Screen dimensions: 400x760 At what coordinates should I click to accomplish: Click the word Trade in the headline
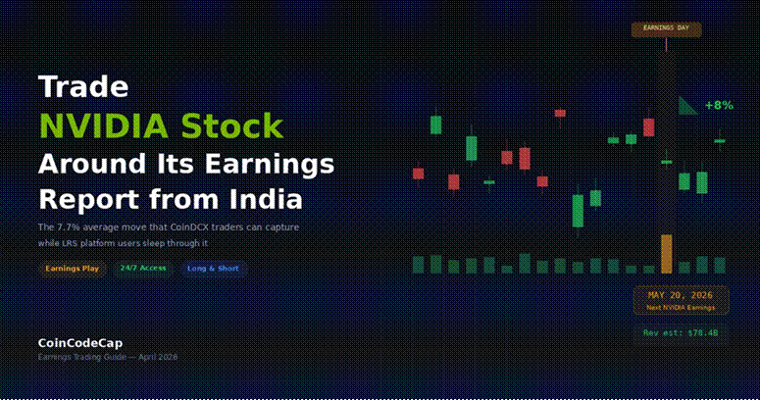point(83,86)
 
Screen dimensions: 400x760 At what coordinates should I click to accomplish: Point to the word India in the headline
point(264,199)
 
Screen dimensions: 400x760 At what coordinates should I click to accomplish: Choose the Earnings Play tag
point(72,268)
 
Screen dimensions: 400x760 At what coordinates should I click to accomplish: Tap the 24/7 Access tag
point(143,268)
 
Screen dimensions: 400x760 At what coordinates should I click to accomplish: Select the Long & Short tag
point(213,268)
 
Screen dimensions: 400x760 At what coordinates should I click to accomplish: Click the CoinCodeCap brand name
point(80,343)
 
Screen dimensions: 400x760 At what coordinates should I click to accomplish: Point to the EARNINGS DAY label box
point(666,28)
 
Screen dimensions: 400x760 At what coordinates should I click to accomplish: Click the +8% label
point(719,105)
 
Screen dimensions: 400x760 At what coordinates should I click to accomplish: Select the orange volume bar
point(667,253)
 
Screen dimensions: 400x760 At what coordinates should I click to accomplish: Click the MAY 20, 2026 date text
point(681,295)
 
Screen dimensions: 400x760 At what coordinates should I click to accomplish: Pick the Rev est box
point(681,333)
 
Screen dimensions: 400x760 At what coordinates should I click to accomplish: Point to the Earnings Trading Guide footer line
point(107,357)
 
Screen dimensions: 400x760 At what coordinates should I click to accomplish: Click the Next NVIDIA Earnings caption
point(681,308)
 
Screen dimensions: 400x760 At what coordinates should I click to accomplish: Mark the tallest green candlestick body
point(579,211)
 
